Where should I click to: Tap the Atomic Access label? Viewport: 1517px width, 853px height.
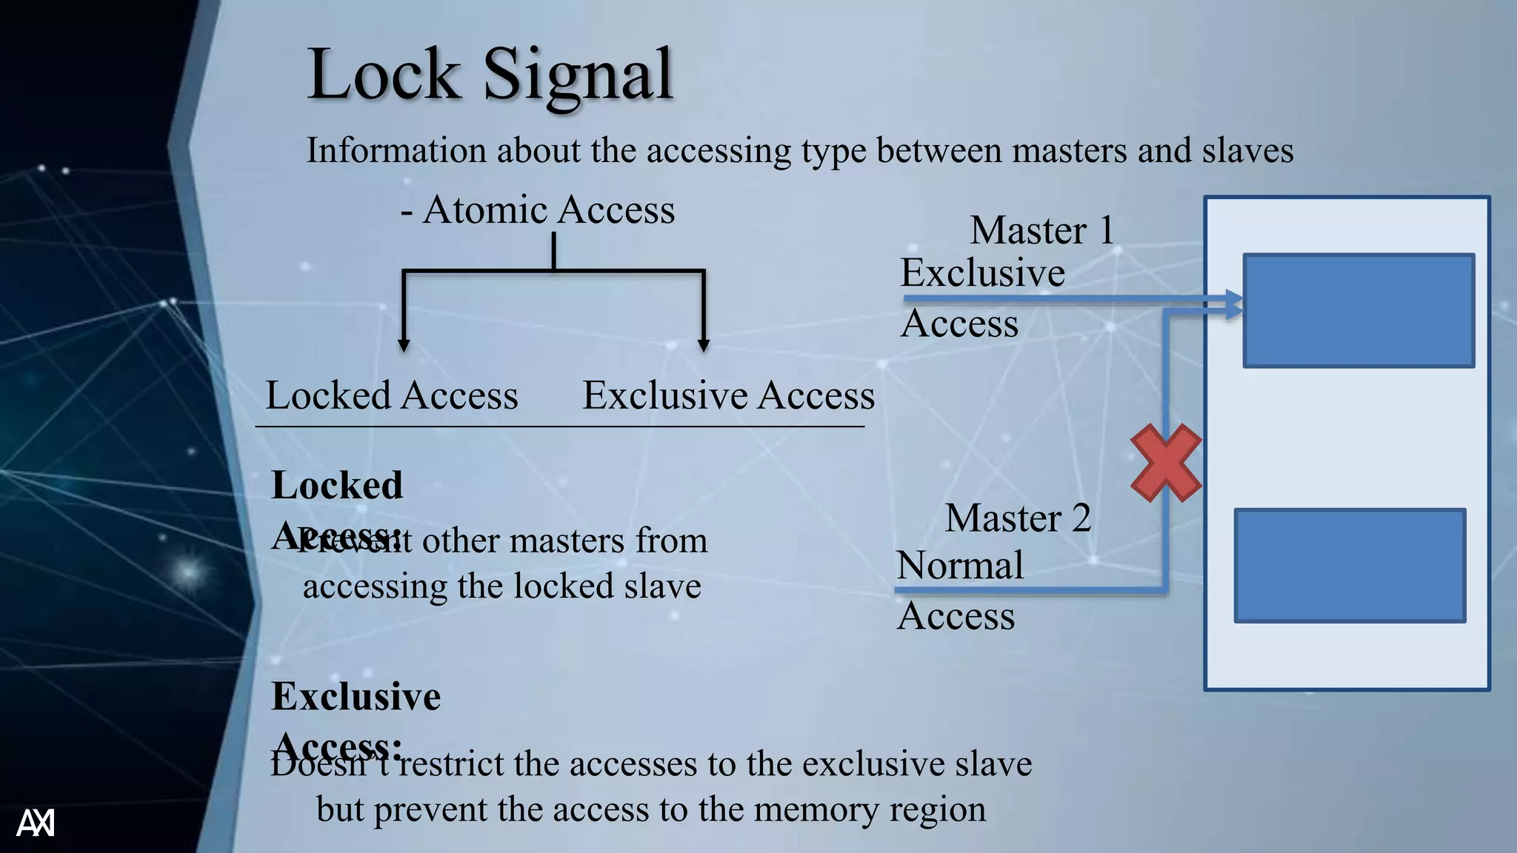coord(548,210)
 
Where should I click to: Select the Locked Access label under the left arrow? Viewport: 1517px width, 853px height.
coord(392,395)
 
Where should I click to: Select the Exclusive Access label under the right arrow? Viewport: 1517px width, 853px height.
coord(728,395)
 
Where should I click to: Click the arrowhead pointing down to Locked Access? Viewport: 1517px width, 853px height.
coord(404,344)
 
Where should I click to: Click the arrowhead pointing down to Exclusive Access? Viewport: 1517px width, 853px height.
coord(704,344)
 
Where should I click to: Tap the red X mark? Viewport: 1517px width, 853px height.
coord(1166,463)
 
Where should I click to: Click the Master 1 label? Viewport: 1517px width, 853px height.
coord(1041,230)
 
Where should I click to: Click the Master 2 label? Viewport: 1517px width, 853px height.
coord(1018,518)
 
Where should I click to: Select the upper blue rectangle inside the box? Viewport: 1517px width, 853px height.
coord(1358,311)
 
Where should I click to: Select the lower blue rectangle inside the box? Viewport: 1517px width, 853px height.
coord(1350,566)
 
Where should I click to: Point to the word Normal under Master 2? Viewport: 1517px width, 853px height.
coord(960,566)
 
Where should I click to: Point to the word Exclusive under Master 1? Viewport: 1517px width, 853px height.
coord(982,272)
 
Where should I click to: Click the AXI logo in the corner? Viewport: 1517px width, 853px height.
coord(36,823)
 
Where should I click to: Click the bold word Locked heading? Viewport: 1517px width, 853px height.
coord(337,486)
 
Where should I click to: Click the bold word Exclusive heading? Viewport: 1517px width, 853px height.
coord(356,697)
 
